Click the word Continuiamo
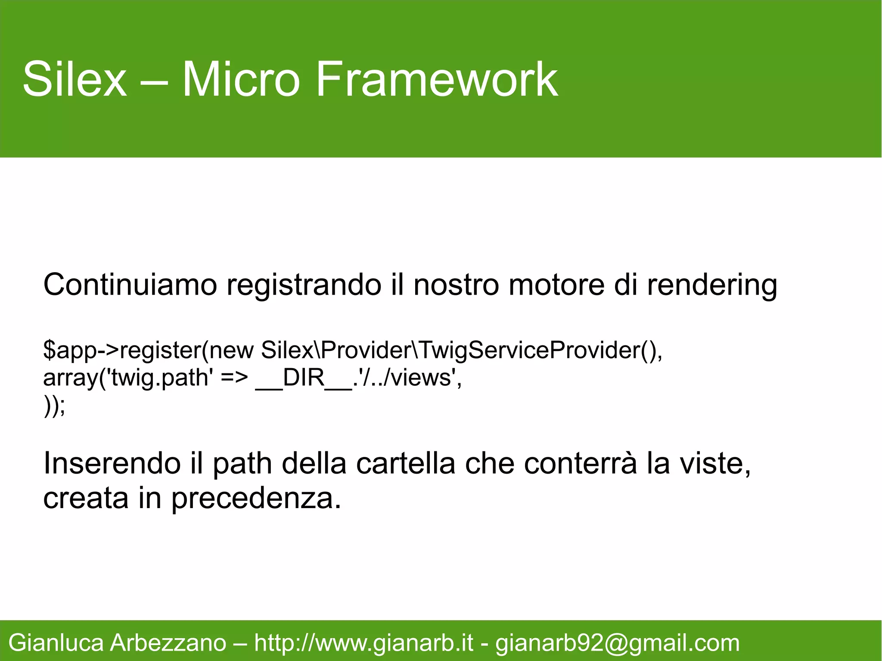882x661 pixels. (x=130, y=285)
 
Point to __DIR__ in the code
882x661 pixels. (x=304, y=378)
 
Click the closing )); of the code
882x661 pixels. (x=55, y=406)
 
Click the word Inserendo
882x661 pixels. (x=112, y=464)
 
